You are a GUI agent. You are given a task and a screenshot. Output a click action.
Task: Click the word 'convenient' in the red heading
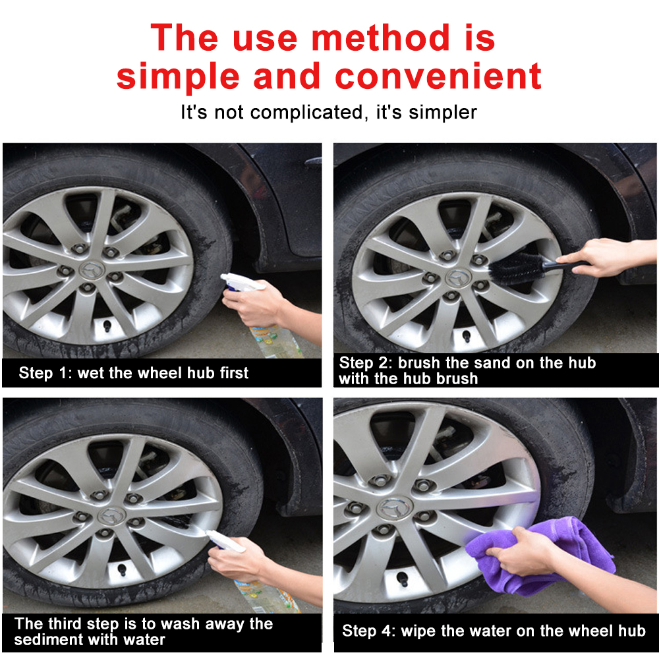pos(438,76)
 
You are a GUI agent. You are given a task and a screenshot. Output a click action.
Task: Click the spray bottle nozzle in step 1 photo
pos(231,280)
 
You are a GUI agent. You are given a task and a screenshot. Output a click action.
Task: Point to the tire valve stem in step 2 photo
pos(466,337)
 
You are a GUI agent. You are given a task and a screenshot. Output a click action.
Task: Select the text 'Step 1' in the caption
pos(43,373)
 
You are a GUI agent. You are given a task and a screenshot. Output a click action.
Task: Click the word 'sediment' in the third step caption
pos(46,640)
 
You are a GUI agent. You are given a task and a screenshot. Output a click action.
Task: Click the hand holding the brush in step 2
pos(603,257)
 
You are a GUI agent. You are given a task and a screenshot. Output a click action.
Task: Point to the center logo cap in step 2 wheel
pos(455,277)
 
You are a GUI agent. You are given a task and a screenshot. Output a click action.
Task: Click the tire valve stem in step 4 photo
pos(401,579)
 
